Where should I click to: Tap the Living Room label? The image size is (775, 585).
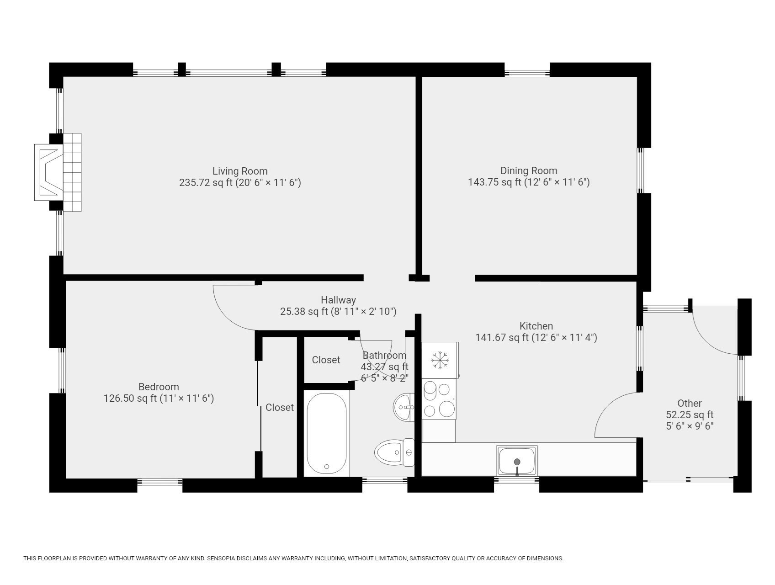click(x=240, y=171)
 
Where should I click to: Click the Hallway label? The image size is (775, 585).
click(x=338, y=300)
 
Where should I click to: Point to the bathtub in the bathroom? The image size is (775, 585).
click(x=326, y=433)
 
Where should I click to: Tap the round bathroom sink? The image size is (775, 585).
click(x=403, y=407)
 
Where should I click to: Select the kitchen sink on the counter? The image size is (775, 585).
click(x=517, y=461)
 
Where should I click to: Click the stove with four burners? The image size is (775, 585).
click(x=439, y=399)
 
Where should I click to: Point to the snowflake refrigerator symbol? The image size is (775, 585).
click(x=440, y=360)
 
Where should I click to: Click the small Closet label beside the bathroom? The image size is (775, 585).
click(x=326, y=360)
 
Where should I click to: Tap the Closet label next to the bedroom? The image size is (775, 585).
click(x=279, y=408)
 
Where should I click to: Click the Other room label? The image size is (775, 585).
click(x=689, y=404)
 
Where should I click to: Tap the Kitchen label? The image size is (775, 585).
click(x=536, y=326)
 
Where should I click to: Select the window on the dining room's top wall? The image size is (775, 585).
click(x=527, y=73)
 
